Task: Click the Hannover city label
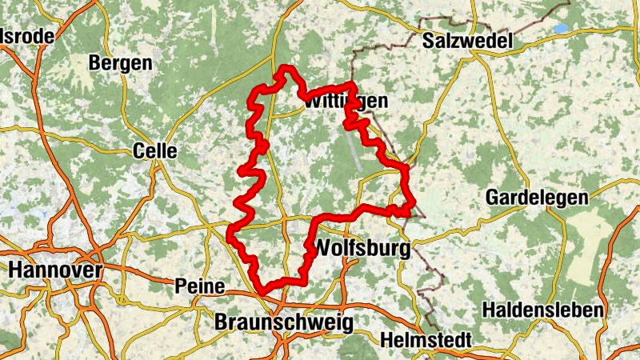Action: coord(55,270)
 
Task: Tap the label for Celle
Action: coord(154,150)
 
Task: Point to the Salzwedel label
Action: coord(467,40)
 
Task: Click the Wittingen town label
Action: coord(345,102)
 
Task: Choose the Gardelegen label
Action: coord(537,197)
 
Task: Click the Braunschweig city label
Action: coord(284,321)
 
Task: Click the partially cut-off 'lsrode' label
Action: coord(28,36)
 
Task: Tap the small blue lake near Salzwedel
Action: coord(559,28)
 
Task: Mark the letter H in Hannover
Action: coord(15,270)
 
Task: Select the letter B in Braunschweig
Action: coord(222,321)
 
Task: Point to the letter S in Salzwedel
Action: coord(430,40)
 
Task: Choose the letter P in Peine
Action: coord(179,286)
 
